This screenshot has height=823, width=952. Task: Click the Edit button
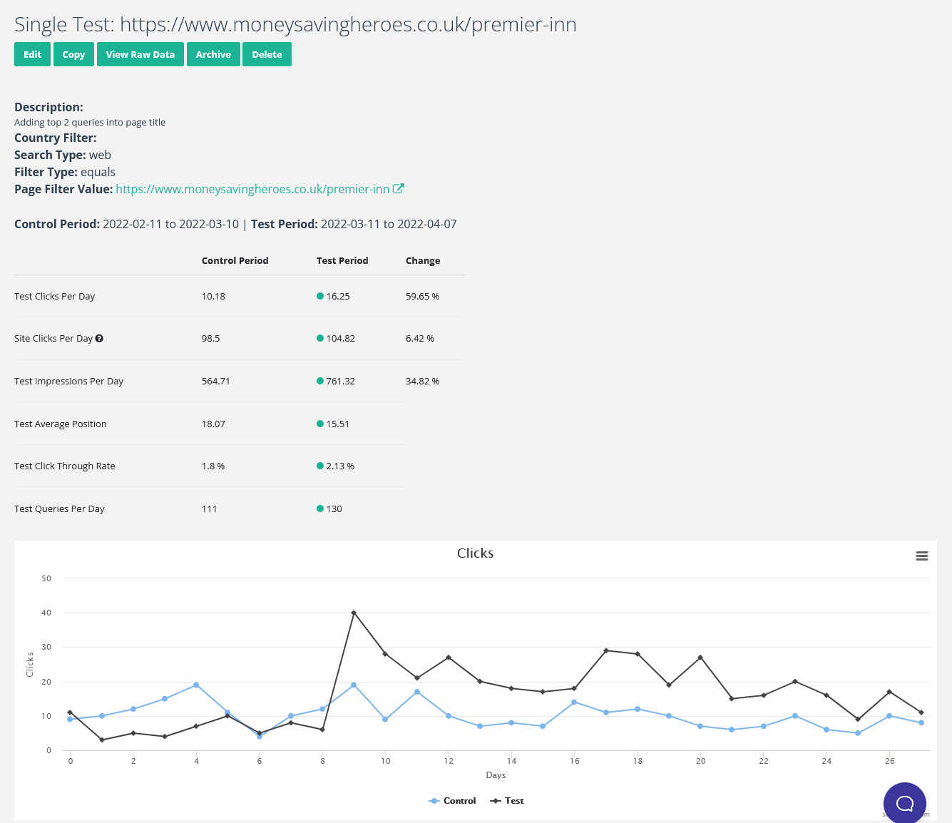(x=32, y=54)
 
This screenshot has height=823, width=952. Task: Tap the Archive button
(x=213, y=54)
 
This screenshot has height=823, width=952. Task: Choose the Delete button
(x=267, y=54)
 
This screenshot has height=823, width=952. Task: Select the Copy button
(x=73, y=54)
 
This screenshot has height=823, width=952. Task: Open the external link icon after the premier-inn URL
(x=399, y=189)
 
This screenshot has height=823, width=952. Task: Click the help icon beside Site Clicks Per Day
(x=99, y=339)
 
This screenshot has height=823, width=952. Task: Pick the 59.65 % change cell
(x=422, y=296)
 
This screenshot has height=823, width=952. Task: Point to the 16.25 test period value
(x=337, y=296)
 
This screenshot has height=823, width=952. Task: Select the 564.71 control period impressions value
(x=215, y=382)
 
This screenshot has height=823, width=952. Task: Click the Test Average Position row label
(x=61, y=424)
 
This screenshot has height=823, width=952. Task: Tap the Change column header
(x=423, y=261)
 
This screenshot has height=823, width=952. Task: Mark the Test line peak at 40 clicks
(x=354, y=613)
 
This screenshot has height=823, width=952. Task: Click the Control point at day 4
(x=196, y=685)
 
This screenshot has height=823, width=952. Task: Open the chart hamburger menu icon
(x=921, y=556)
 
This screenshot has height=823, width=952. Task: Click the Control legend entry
(x=452, y=801)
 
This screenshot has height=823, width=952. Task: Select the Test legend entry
(x=506, y=801)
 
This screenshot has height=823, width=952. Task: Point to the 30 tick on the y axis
(x=46, y=647)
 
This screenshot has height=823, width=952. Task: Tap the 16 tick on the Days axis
(x=574, y=761)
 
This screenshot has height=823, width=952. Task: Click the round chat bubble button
(x=904, y=803)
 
